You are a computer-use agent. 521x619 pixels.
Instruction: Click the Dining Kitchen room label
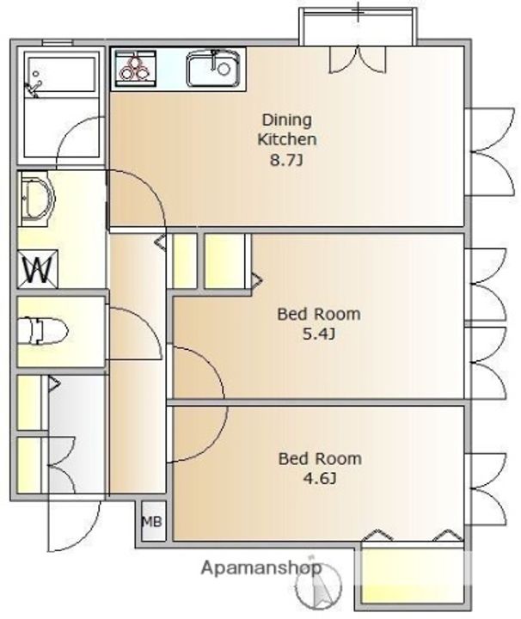tap(287, 130)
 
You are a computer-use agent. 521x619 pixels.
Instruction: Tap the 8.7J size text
tap(286, 160)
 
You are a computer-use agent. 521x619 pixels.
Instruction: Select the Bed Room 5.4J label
tap(319, 324)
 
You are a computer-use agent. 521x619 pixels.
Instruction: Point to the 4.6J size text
tap(320, 479)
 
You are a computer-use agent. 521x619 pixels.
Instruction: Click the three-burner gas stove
tap(135, 69)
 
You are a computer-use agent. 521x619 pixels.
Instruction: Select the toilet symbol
tap(43, 331)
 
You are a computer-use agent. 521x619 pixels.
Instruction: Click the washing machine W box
tap(39, 268)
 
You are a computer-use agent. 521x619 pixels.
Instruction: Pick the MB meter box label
tap(152, 522)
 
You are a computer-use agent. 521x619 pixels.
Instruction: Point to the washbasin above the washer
tap(37, 199)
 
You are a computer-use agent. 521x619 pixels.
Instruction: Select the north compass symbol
tap(319, 584)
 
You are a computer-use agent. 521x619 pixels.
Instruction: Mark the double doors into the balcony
tap(357, 59)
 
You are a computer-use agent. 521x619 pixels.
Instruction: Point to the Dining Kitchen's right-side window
tap(490, 152)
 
